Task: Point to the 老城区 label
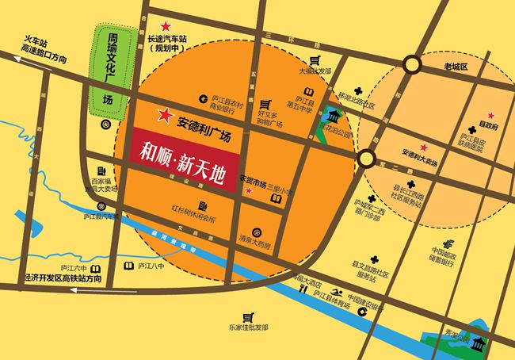tap(456, 67)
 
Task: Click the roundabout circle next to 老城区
tap(411, 64)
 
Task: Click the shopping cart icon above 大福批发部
tap(315, 60)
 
